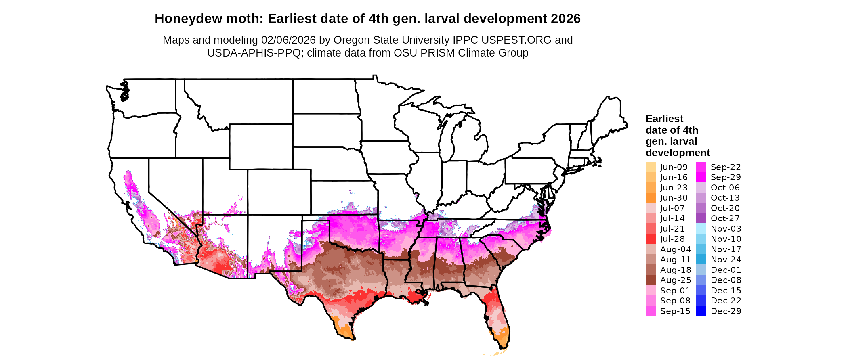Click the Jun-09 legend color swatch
pos(651,167)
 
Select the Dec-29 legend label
pos(726,311)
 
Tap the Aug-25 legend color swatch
pos(651,280)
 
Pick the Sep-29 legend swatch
pos(701,177)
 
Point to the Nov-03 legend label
pos(726,229)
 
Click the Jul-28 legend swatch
pos(651,239)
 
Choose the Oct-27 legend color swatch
pos(701,218)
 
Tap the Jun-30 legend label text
pos(674,198)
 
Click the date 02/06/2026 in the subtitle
pos(288,40)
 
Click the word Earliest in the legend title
pos(664,119)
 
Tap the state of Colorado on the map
pos(279,192)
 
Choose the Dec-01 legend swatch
pos(701,270)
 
